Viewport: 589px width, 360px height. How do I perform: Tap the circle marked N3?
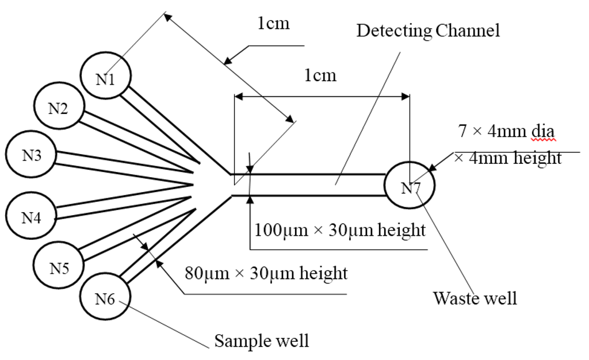coord(31,155)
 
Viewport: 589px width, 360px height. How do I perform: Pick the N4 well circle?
coord(31,217)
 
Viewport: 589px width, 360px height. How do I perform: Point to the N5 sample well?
coord(59,267)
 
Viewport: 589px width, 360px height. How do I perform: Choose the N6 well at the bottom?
coord(105,297)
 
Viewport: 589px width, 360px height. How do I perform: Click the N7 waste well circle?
coord(410,186)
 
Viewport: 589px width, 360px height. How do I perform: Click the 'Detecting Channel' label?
coord(428,30)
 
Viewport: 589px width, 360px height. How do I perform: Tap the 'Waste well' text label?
coord(475,298)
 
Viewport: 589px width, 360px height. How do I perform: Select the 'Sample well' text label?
coord(262,340)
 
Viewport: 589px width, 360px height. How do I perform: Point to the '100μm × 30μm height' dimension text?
coord(340,231)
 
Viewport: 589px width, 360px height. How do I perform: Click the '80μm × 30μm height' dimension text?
coord(266,273)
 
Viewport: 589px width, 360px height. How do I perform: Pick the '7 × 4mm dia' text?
coord(506,131)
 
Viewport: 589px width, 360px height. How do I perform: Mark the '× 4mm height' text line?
coord(508,158)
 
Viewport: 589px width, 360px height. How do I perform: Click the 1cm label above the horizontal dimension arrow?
coord(320,75)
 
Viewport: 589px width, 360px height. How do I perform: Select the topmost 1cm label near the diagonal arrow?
coord(273,24)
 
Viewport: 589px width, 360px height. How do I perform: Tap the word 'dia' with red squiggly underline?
coord(543,131)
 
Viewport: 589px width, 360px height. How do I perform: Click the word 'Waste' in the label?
coord(453,298)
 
